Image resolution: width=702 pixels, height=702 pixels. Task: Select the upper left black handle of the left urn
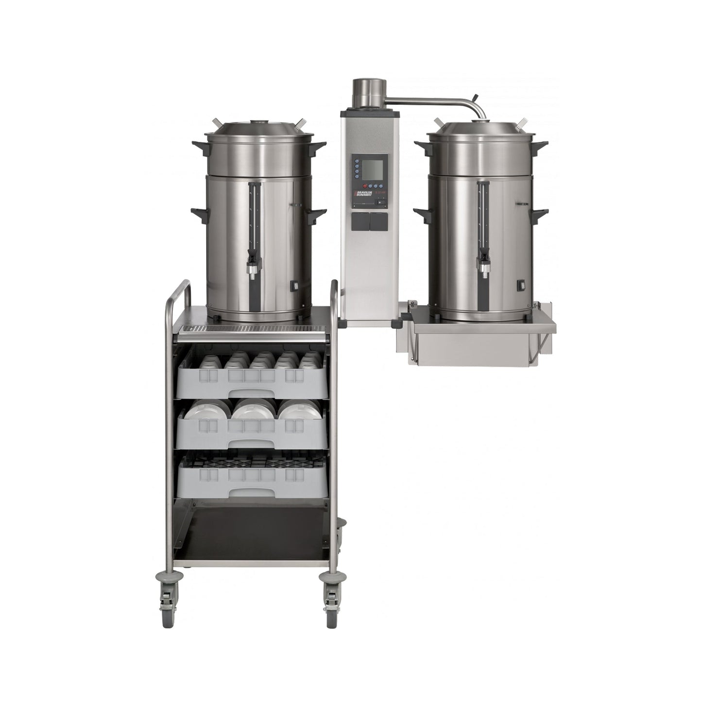click(200, 144)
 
